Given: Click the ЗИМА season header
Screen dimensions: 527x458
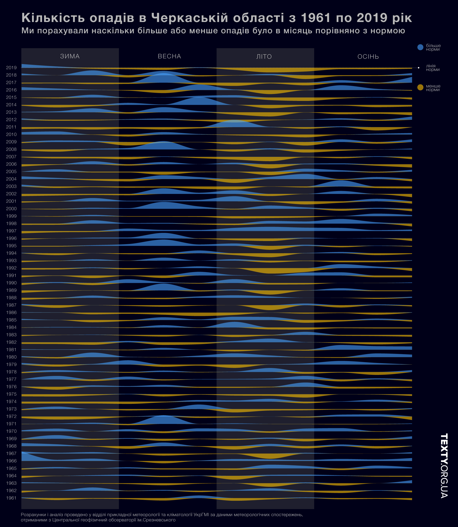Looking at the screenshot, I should click(x=70, y=56).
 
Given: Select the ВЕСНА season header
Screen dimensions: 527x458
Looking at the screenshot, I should click(x=169, y=56).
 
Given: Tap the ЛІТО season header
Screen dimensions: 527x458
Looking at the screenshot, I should click(x=264, y=56).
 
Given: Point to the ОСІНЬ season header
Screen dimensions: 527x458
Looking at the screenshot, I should click(x=368, y=56).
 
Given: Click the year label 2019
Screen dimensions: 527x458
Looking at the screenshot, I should click(x=11, y=68).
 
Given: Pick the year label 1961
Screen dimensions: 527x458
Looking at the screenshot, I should click(x=11, y=498).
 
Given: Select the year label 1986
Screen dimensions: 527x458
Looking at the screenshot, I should click(x=11, y=313).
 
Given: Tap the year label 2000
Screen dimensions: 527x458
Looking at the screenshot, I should click(x=11, y=209).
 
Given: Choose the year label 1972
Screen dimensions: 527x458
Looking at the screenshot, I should click(x=11, y=417).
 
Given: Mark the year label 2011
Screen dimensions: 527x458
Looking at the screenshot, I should click(x=11, y=127).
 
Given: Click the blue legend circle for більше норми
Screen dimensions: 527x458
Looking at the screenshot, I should click(x=420, y=47).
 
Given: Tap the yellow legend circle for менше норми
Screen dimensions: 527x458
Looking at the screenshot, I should click(x=420, y=88).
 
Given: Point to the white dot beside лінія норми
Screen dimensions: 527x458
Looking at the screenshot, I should click(x=419, y=68).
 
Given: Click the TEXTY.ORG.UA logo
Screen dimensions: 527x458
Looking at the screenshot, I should click(x=444, y=466).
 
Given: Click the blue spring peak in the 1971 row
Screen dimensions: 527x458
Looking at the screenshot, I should click(x=163, y=420).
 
